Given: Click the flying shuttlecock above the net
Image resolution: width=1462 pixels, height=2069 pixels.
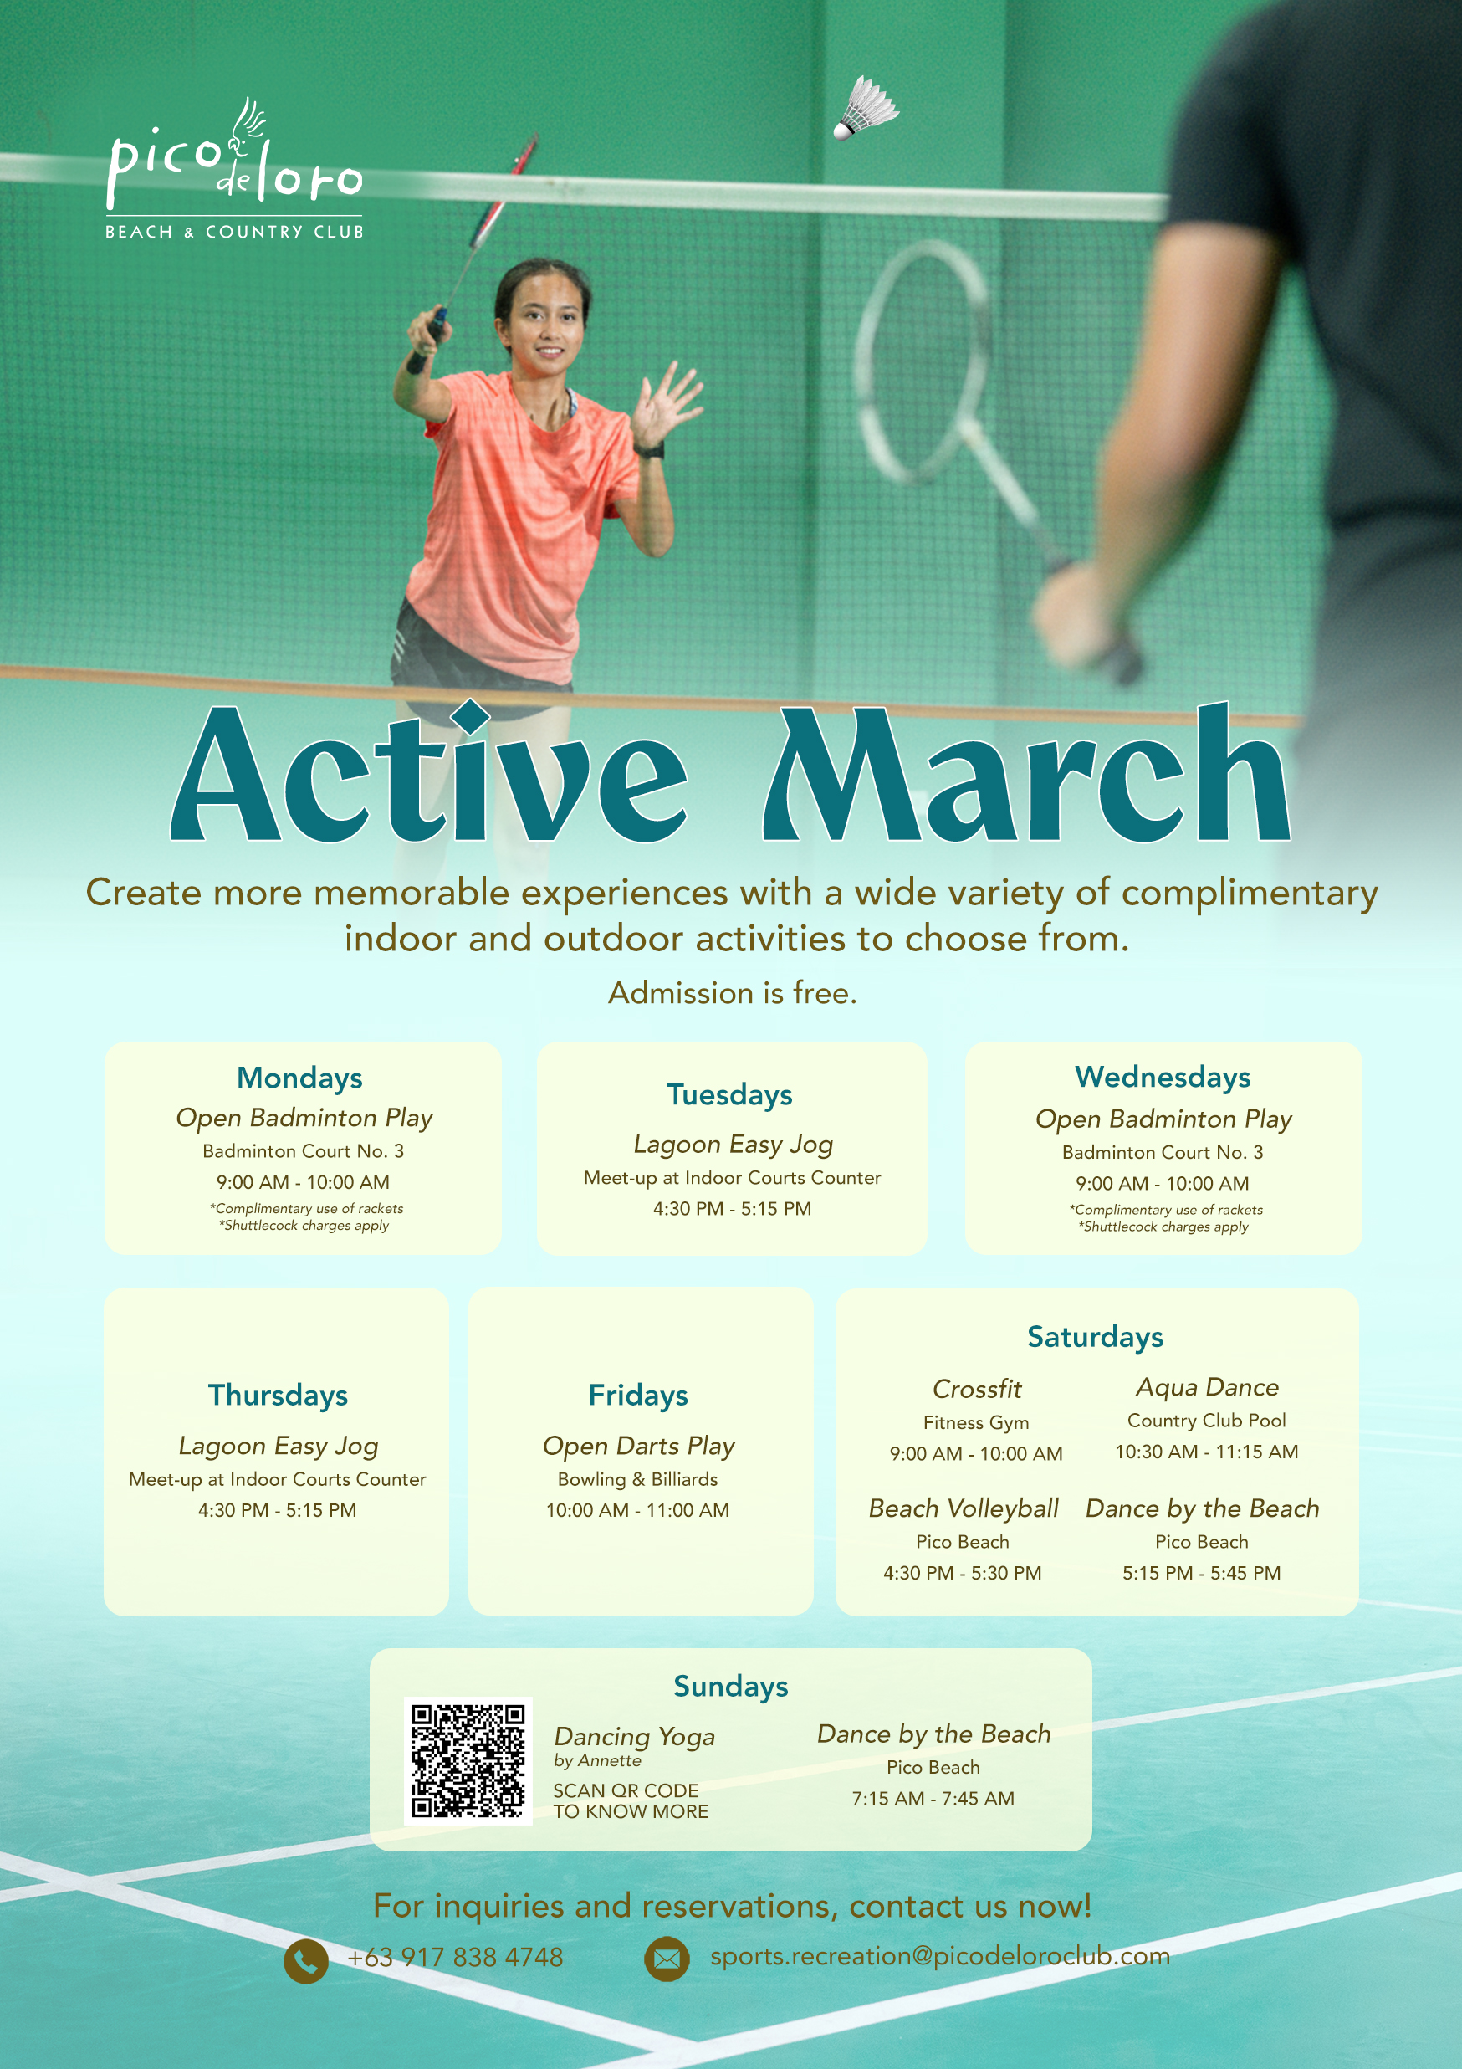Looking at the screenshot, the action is click(866, 108).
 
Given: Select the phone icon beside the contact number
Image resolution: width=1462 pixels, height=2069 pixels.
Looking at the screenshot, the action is click(306, 1961).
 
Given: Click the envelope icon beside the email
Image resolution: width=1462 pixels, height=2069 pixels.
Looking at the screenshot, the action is click(667, 1959).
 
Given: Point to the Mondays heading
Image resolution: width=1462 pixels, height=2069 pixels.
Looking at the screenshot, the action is click(300, 1078).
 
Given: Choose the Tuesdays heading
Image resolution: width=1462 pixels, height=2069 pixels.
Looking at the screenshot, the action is click(729, 1095).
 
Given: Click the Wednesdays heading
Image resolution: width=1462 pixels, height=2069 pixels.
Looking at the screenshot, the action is click(1163, 1077).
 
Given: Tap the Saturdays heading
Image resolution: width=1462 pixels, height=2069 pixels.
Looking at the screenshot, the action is click(1096, 1337).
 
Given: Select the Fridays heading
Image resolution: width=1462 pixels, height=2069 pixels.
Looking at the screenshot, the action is click(638, 1395).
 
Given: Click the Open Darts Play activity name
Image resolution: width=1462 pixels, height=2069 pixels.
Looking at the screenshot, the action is click(639, 1447).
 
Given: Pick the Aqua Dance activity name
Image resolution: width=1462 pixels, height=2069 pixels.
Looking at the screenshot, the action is click(1207, 1388).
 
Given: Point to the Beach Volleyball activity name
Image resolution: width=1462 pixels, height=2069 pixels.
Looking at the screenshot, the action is click(963, 1508).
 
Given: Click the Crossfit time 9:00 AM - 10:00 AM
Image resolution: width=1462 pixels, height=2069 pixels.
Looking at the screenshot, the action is click(976, 1453).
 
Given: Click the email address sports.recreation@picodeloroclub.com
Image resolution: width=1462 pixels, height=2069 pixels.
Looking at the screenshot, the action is click(940, 1956).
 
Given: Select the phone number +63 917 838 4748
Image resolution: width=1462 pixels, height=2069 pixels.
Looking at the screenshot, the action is click(455, 1957).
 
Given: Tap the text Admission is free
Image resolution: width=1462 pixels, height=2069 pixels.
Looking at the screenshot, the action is click(733, 993).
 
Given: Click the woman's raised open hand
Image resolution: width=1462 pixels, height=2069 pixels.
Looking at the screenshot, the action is click(666, 402).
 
